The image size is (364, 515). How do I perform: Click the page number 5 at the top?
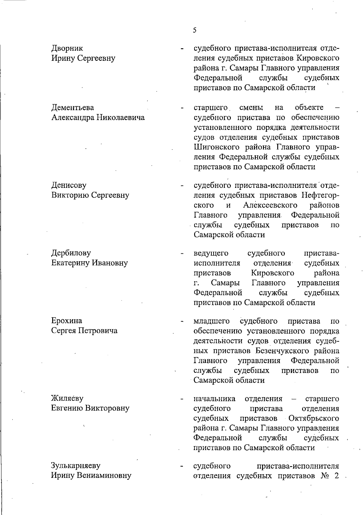(x=194, y=30)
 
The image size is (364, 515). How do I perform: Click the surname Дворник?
(x=67, y=48)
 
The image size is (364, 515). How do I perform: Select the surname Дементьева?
(x=72, y=107)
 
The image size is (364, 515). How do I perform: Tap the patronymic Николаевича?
(x=120, y=117)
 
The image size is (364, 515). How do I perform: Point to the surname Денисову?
(x=69, y=185)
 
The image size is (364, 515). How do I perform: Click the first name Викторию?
(x=70, y=195)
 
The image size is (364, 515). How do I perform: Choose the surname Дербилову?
(x=71, y=253)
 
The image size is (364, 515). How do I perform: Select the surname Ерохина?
(x=67, y=321)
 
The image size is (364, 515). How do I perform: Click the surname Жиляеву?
(x=67, y=398)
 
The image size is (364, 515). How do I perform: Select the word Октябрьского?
(x=314, y=418)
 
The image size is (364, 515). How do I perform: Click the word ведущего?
(x=211, y=253)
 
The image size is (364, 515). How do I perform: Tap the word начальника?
(x=214, y=398)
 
